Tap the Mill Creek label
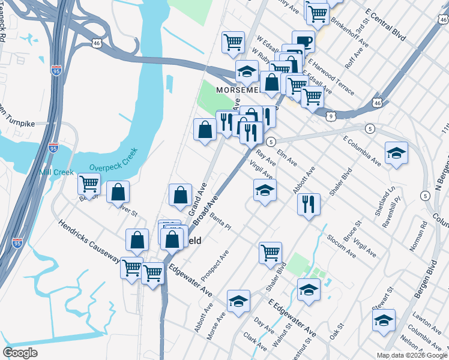click(x=56, y=172)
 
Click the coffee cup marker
click(x=304, y=42)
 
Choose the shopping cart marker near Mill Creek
click(x=89, y=182)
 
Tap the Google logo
click(x=20, y=353)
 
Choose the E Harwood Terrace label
click(x=331, y=76)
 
